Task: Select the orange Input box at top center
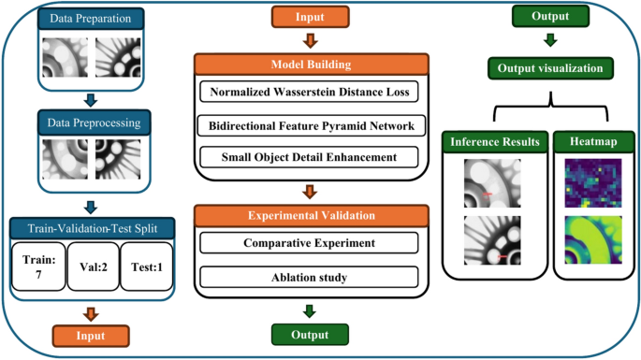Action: pos(310,16)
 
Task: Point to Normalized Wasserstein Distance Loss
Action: pos(310,93)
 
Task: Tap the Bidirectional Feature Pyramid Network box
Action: pos(310,125)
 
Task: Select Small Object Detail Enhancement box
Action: pos(310,156)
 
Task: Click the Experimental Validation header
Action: pos(310,215)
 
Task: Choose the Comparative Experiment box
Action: pos(310,242)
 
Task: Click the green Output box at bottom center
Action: pos(310,335)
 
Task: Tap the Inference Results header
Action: pos(495,141)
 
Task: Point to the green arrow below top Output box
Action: pos(549,40)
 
